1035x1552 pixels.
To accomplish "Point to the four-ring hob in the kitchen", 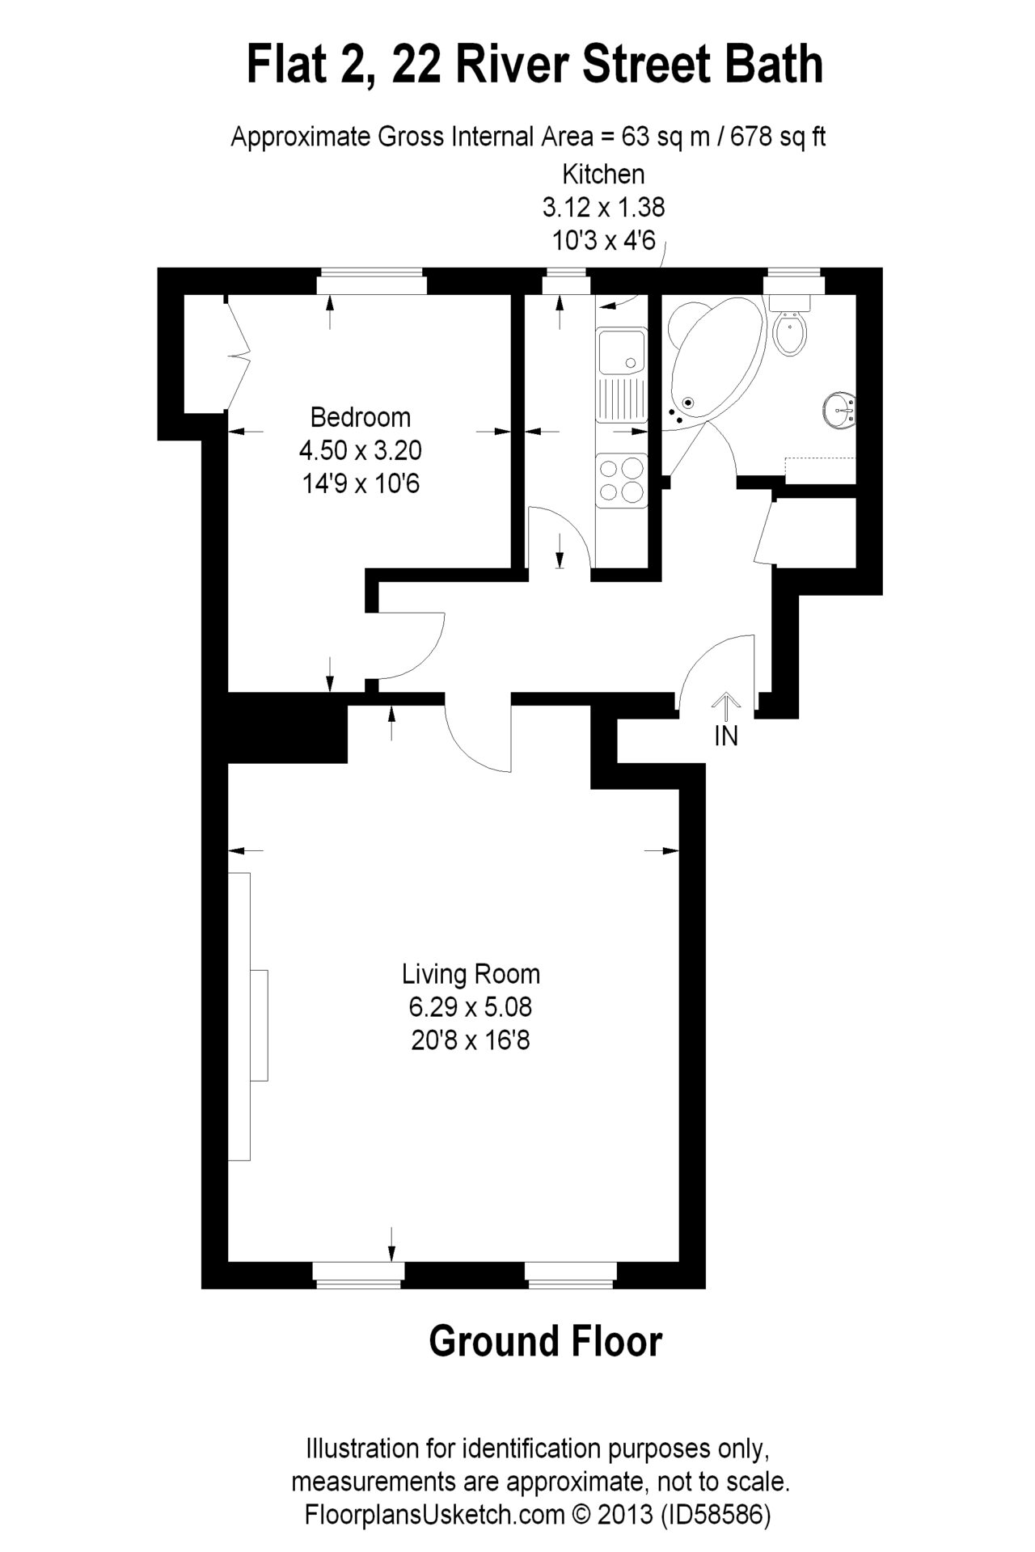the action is (x=622, y=480).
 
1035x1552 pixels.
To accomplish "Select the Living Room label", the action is (x=471, y=974).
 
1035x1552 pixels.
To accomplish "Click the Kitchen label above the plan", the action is (x=603, y=174).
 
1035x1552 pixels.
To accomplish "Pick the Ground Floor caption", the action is (x=546, y=1341).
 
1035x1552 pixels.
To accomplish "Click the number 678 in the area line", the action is (x=753, y=137).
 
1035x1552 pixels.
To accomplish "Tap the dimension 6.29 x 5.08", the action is (x=471, y=1007).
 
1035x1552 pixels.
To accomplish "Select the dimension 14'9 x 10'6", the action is (x=361, y=483).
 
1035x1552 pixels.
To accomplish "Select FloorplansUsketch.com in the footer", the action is (x=435, y=1514).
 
